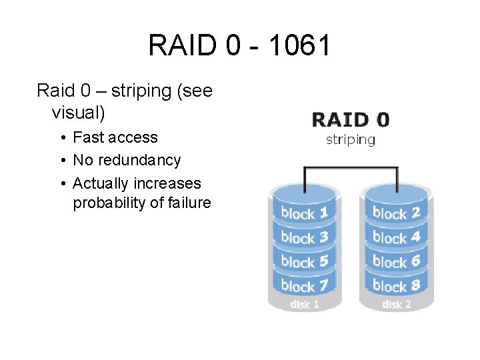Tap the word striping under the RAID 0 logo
click(x=350, y=139)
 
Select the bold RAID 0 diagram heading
click(x=351, y=120)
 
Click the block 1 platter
click(x=304, y=213)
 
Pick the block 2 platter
click(x=396, y=213)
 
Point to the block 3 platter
click(x=304, y=237)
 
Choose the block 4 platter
click(x=396, y=237)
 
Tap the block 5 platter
click(x=304, y=261)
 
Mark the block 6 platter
click(x=396, y=261)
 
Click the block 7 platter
click(x=304, y=285)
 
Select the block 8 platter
click(x=396, y=285)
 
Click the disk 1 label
click(x=304, y=305)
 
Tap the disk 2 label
click(x=396, y=305)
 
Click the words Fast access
click(x=115, y=137)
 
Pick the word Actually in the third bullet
click(x=101, y=183)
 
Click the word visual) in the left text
click(x=78, y=112)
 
